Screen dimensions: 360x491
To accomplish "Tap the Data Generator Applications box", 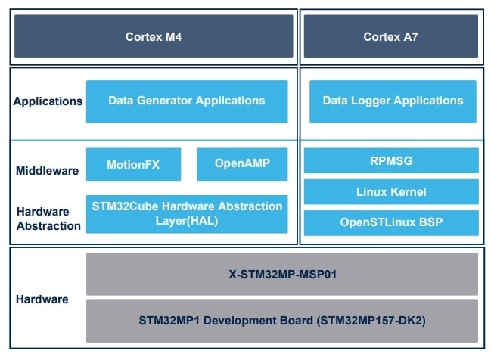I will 187,101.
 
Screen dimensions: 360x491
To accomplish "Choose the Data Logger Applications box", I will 392,101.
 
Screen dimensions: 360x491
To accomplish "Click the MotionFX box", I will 133,164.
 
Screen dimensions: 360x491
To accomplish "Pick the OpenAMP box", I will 242,164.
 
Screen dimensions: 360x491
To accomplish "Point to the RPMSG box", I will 392,160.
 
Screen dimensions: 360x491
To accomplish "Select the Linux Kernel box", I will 392,191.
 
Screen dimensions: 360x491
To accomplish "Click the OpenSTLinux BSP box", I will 392,222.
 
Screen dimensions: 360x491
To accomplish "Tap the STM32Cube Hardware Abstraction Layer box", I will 187,213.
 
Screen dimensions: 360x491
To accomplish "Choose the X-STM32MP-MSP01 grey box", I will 282,274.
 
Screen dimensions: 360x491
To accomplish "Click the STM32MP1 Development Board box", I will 282,320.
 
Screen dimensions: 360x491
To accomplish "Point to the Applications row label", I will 48,101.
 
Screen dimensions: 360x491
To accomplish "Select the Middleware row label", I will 48,171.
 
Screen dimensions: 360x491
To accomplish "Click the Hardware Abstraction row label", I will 48,219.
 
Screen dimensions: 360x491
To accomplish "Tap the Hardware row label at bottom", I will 42,299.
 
